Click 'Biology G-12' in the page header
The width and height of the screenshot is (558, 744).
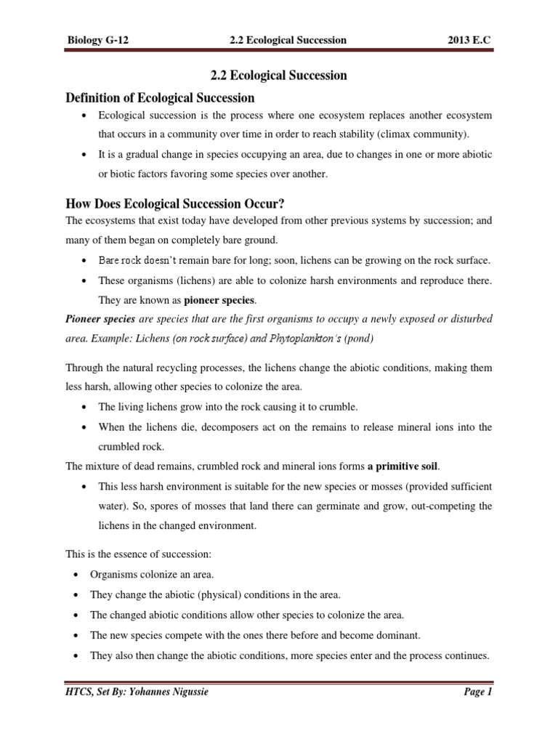pos(99,40)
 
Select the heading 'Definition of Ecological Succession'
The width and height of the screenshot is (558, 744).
pos(161,97)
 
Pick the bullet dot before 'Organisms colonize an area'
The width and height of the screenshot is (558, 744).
pos(78,575)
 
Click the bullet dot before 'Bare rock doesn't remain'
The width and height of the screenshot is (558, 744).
pos(88,260)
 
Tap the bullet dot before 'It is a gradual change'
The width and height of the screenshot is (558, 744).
pos(88,155)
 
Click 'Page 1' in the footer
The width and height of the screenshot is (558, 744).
pos(478,692)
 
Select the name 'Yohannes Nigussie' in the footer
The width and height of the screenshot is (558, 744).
pos(177,692)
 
